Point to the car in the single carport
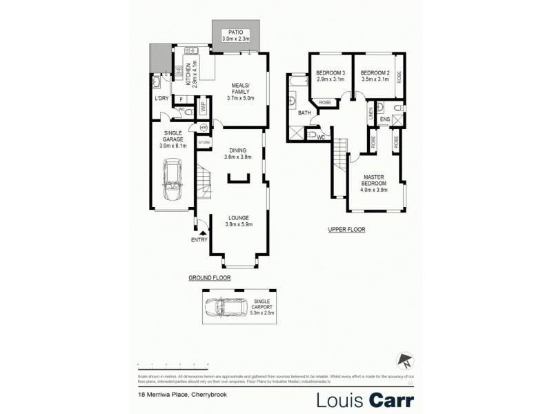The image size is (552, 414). tap(225, 306)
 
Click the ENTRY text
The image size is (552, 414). tap(199, 240)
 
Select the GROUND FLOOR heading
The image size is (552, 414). tap(210, 277)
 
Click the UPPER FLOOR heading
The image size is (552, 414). tap(346, 229)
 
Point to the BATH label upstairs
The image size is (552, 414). tap(304, 112)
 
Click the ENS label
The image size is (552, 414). tap(384, 119)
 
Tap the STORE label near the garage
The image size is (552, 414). tap(204, 142)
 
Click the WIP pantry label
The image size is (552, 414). tap(204, 107)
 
